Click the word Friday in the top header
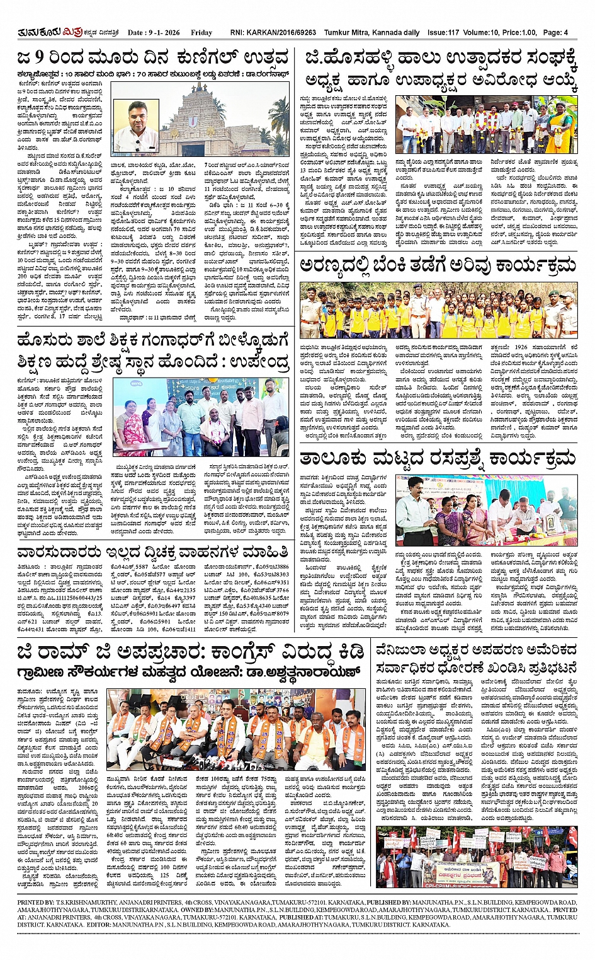[x=201, y=32]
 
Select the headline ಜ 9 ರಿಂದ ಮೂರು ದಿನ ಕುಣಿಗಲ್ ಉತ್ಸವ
[x=154, y=59]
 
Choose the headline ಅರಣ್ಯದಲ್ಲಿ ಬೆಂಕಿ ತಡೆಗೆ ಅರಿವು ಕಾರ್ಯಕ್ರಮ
[x=438, y=265]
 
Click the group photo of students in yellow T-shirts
[x=438, y=310]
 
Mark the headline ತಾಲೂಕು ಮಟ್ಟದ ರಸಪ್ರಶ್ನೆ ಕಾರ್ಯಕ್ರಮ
[x=438, y=457]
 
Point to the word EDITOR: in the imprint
[x=96, y=925]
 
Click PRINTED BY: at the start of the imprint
[x=36, y=903]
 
